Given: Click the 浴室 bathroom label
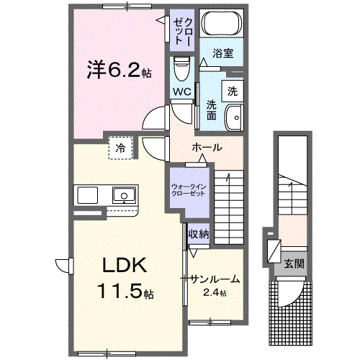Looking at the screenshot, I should coord(222,53).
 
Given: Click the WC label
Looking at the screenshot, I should coord(181,91).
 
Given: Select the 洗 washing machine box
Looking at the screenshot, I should coord(232,91).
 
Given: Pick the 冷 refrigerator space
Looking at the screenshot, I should coord(119,148).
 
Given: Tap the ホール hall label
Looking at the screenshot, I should coord(207,148).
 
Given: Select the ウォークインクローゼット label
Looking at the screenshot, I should coord(189,190).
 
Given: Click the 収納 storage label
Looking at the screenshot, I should coord(199,233).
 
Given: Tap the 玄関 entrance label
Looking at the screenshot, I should coord(293,264).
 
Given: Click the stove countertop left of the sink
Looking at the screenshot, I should coord(89,195).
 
